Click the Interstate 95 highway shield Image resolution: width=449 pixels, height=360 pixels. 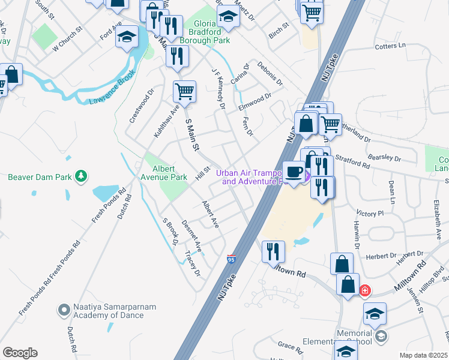click(231, 259)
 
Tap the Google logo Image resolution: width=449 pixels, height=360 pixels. click(20, 353)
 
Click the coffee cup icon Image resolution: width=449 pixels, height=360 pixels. click(294, 172)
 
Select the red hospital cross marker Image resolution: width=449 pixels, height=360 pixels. click(364, 290)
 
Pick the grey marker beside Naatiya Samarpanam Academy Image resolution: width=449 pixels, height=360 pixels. click(64, 310)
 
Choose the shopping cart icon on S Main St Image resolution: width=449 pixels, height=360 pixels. click(184, 92)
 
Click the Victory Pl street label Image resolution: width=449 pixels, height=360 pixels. click(370, 214)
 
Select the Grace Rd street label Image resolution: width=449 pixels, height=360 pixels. click(290, 346)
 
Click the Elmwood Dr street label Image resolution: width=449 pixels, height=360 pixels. click(255, 98)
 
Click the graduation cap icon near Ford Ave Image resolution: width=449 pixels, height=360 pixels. click(127, 37)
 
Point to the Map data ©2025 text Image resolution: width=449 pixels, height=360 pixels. click(424, 355)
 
